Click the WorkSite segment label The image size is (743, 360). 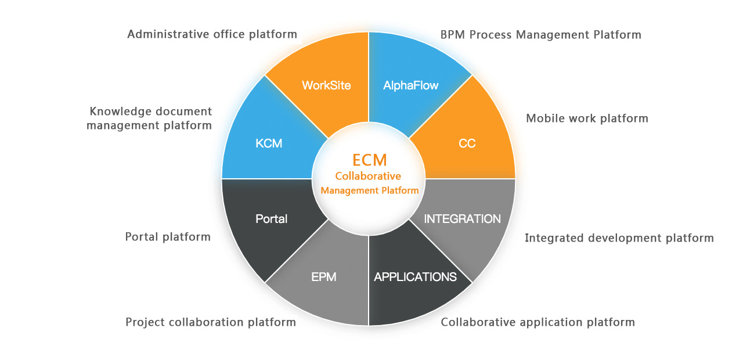(x=326, y=85)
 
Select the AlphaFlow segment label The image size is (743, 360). (x=411, y=85)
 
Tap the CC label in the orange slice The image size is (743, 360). (x=467, y=143)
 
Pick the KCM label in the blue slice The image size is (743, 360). (x=269, y=143)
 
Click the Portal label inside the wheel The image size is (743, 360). (x=271, y=219)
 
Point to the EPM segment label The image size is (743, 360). (x=324, y=277)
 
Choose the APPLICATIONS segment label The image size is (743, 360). (x=415, y=277)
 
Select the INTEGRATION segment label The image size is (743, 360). (x=462, y=219)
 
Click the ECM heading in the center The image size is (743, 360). (x=369, y=160)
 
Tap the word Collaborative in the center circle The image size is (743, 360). (x=368, y=176)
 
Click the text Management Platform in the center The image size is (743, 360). (x=369, y=190)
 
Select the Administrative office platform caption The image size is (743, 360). (x=212, y=34)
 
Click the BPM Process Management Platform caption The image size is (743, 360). (x=540, y=35)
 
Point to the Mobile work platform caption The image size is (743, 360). (x=587, y=118)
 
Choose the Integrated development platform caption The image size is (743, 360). (x=619, y=238)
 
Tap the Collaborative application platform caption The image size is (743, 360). (x=538, y=322)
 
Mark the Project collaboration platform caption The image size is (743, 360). (x=211, y=322)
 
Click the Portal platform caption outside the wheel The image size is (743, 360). (x=168, y=237)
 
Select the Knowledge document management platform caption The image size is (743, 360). (x=150, y=118)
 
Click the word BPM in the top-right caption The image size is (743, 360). (x=453, y=35)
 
